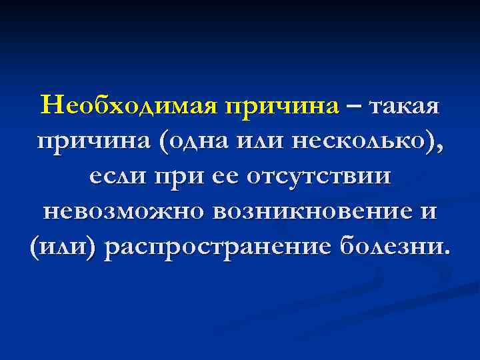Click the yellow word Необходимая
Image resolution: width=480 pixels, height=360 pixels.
[130, 106]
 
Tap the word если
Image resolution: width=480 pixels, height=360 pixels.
[119, 177]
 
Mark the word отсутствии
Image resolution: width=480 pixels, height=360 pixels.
[319, 177]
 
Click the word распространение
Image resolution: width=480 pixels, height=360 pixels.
[219, 248]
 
